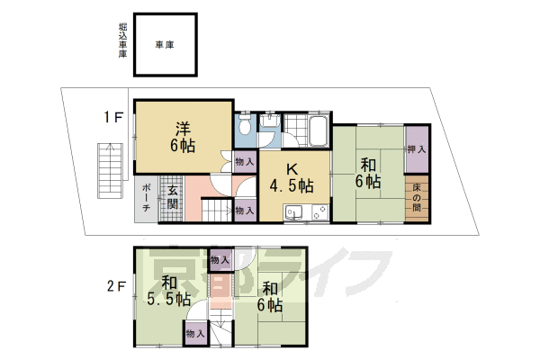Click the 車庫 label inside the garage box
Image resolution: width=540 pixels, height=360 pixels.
pyautogui.click(x=165, y=45)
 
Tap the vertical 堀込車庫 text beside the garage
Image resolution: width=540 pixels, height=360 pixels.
pyautogui.click(x=123, y=40)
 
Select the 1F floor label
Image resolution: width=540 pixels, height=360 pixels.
pyautogui.click(x=114, y=118)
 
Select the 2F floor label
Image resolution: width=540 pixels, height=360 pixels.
pyautogui.click(x=116, y=286)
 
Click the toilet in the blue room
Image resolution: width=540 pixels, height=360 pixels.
pyautogui.click(x=245, y=124)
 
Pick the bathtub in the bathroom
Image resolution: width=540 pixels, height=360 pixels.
pyautogui.click(x=319, y=131)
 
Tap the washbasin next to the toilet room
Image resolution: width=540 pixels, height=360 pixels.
pyautogui.click(x=269, y=121)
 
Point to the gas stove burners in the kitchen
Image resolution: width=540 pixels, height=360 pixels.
pyautogui.click(x=319, y=211)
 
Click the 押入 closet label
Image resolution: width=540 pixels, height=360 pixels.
pyautogui.click(x=417, y=149)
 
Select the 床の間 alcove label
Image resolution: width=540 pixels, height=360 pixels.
pyautogui.click(x=417, y=198)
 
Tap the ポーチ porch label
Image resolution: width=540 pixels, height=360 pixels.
pyautogui.click(x=146, y=198)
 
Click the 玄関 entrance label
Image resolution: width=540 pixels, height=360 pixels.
pyautogui.click(x=173, y=198)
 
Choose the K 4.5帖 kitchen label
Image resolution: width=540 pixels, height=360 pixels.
pyautogui.click(x=292, y=178)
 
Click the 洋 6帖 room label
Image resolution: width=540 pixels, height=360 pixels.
pyautogui.click(x=183, y=137)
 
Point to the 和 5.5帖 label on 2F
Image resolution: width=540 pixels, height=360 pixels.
pyautogui.click(x=169, y=291)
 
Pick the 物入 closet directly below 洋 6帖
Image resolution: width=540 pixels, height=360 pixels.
pyautogui.click(x=245, y=162)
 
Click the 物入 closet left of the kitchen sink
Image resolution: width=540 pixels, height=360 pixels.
pyautogui.click(x=245, y=210)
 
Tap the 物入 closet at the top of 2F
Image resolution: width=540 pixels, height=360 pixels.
pyautogui.click(x=220, y=259)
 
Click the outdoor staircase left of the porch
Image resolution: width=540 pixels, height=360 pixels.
pyautogui.click(x=110, y=170)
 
